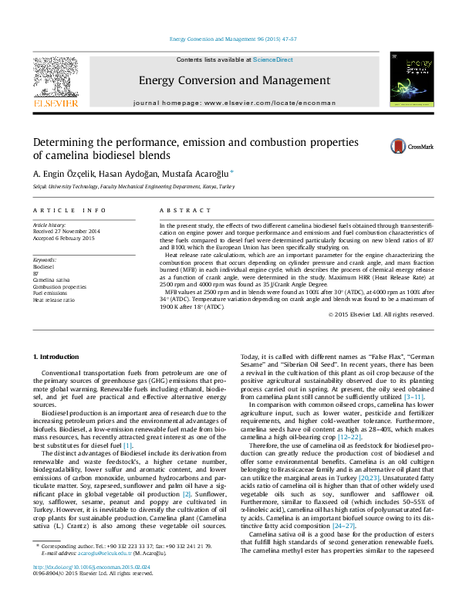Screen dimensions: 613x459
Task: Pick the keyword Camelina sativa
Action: point(49,279)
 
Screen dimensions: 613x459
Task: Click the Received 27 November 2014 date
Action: point(66,232)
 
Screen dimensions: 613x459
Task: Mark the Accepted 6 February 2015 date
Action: point(62,238)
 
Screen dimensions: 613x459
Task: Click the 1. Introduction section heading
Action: point(59,356)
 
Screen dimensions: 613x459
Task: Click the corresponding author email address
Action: point(106,575)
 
